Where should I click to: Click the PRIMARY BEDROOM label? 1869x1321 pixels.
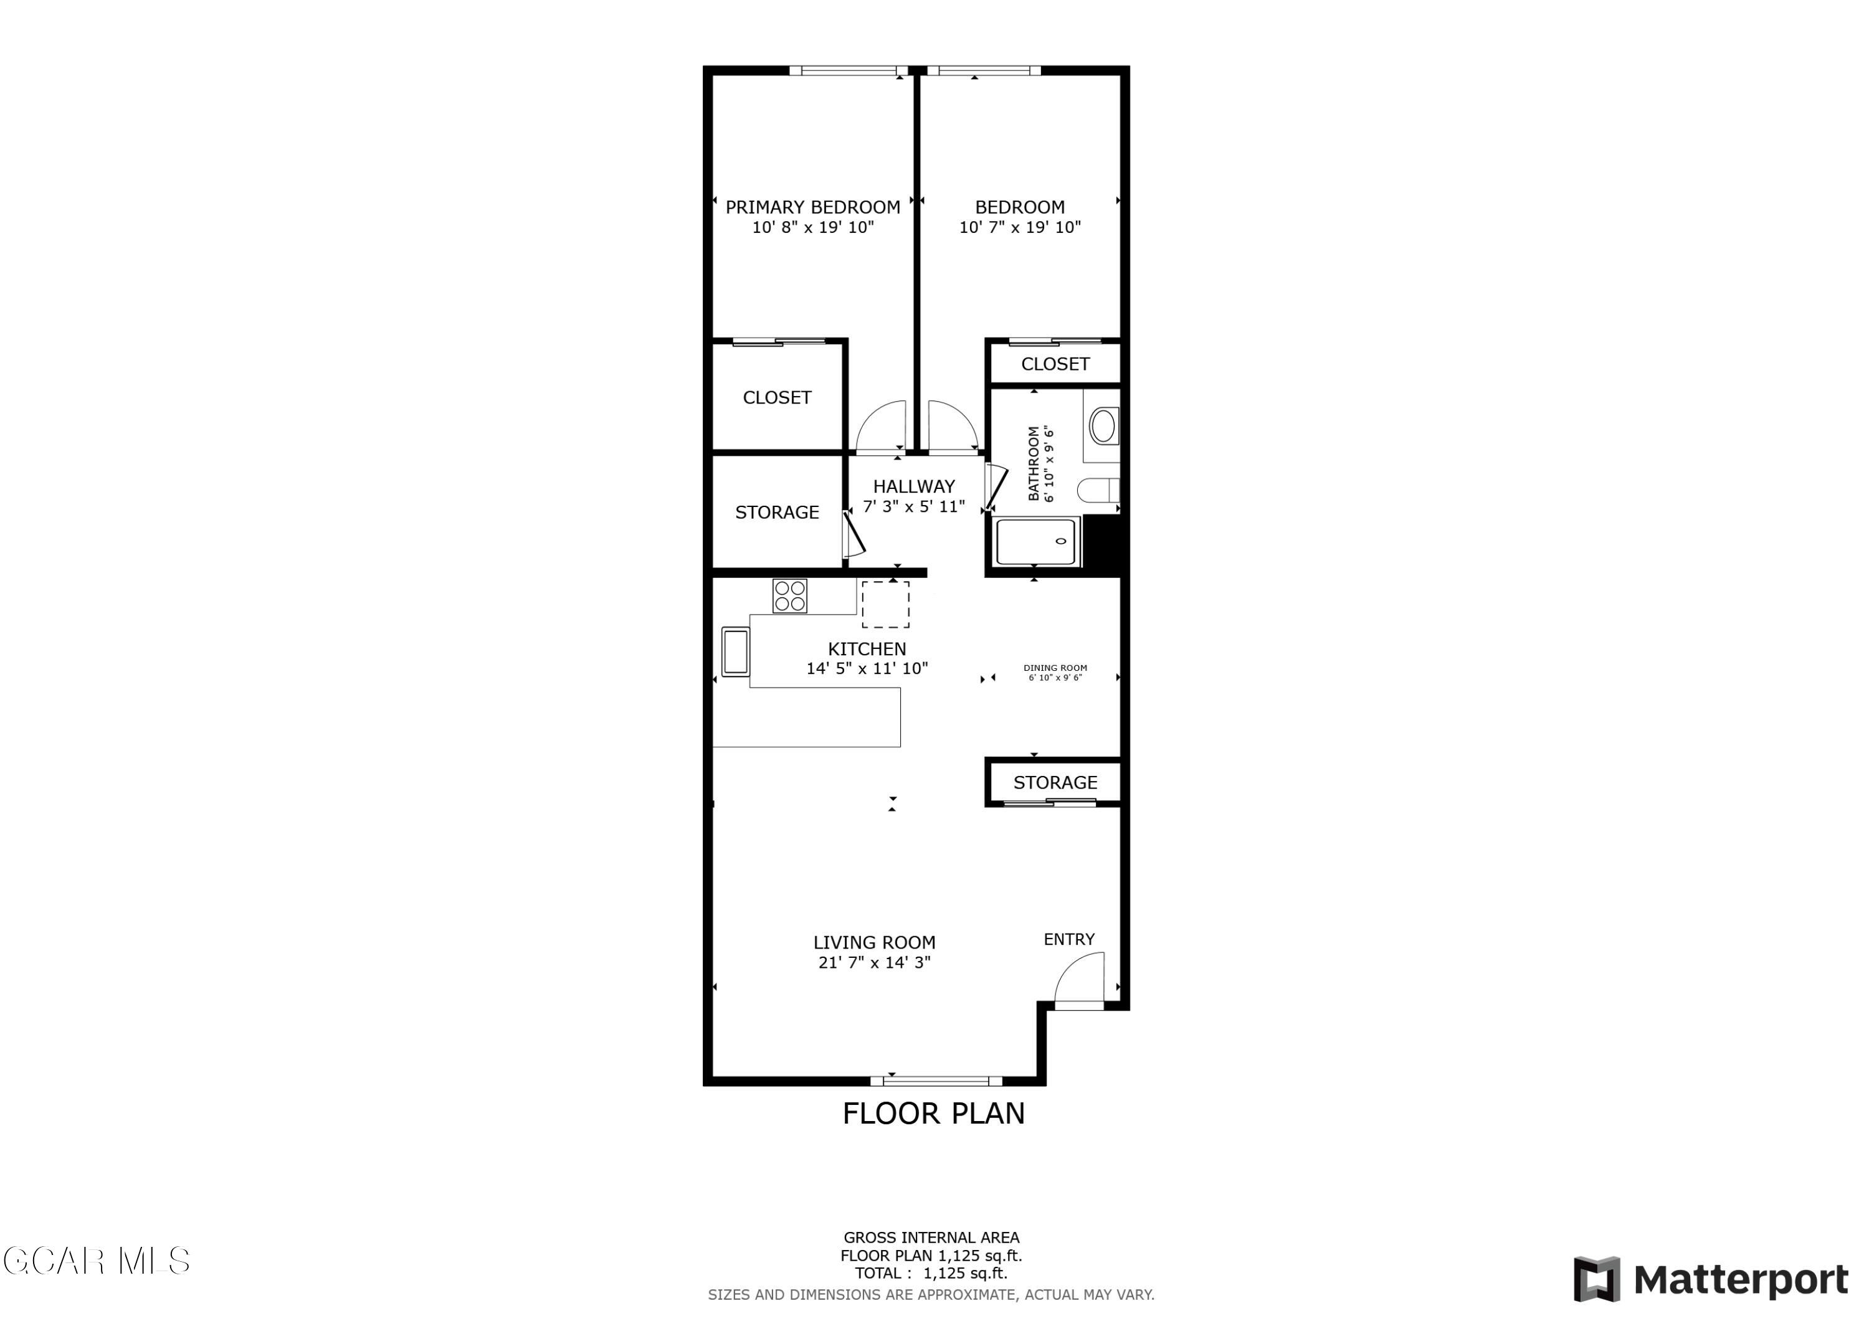click(x=812, y=207)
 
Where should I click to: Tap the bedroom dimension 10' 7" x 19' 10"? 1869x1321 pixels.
click(x=1019, y=228)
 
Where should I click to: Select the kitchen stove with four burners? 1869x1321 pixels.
click(x=789, y=596)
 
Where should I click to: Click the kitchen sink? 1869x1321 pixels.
click(x=735, y=652)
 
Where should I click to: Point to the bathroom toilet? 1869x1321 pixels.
click(x=1098, y=491)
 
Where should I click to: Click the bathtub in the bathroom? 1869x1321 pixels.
click(x=1035, y=542)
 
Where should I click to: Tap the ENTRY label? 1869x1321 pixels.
click(x=1069, y=940)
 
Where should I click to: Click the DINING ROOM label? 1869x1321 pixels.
click(x=1055, y=668)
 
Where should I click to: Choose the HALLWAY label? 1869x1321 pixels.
click(x=913, y=486)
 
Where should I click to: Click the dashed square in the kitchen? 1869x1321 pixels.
click(x=886, y=605)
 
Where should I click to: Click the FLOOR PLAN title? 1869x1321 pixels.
click(x=934, y=1114)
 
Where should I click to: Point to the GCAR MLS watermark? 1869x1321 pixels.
click(x=96, y=1262)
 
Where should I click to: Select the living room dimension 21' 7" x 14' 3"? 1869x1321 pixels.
click(x=874, y=963)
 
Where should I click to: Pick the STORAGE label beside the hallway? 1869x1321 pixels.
click(x=777, y=513)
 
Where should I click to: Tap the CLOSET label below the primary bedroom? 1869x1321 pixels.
click(x=777, y=398)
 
